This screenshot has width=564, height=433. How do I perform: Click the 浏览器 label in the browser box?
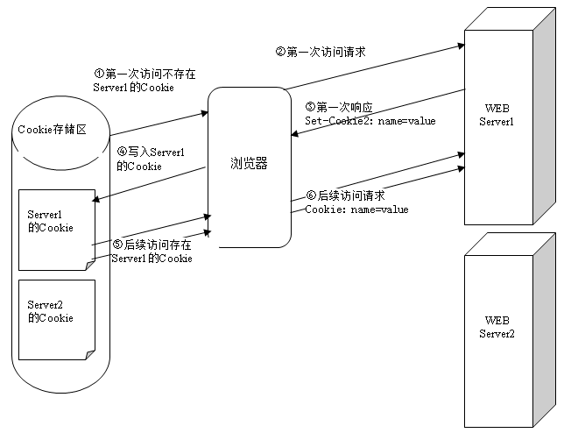point(250,163)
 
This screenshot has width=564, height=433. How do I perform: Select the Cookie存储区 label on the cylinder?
point(53,130)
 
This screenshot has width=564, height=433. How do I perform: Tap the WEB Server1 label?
point(497,114)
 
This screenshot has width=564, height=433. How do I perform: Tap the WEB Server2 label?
point(497,326)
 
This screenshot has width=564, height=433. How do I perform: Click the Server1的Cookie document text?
point(50,221)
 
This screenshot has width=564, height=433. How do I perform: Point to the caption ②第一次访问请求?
point(321,52)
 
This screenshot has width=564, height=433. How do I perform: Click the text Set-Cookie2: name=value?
point(370,121)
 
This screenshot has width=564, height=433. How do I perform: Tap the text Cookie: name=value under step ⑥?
point(356,209)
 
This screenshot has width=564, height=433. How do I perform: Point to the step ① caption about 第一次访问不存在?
point(145,81)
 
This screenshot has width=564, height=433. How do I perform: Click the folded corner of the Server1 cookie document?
point(89,265)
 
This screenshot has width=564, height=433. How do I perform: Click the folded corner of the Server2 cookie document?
point(89,354)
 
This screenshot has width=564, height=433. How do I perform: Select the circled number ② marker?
point(280,52)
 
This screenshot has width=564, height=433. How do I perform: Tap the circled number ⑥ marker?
point(311,195)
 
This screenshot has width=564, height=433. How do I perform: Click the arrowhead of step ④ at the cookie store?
point(95,202)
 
